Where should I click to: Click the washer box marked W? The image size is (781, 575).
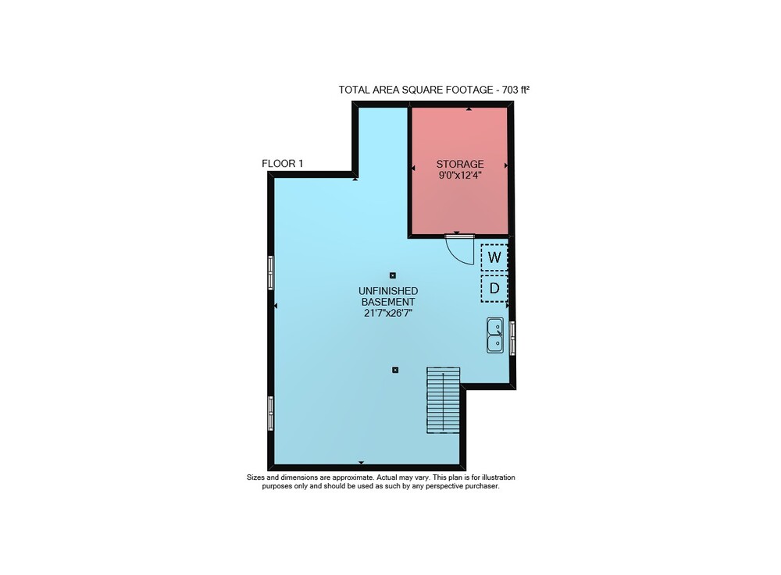[x=494, y=257]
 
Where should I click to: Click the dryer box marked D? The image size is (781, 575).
[x=494, y=288]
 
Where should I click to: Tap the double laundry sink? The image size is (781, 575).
[x=495, y=335]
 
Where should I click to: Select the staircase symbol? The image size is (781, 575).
[x=443, y=400]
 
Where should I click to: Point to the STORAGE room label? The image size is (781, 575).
[x=460, y=164]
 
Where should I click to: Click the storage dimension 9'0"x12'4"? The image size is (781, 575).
[x=460, y=175]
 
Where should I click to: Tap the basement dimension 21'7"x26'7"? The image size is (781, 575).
[x=388, y=313]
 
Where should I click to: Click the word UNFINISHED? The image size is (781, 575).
[x=388, y=290]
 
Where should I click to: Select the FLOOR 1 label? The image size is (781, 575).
[x=283, y=163]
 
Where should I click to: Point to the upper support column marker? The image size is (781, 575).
[x=393, y=275]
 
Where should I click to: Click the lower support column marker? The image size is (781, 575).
[x=395, y=370]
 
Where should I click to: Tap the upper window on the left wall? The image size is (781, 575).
[x=271, y=272]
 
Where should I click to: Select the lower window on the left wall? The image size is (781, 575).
[x=271, y=413]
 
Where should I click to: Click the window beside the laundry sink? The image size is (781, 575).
[x=512, y=338]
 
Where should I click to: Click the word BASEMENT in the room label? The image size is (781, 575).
[x=388, y=302]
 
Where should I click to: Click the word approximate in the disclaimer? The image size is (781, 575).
[x=353, y=477]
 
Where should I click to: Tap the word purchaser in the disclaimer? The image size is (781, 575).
[x=482, y=486]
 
